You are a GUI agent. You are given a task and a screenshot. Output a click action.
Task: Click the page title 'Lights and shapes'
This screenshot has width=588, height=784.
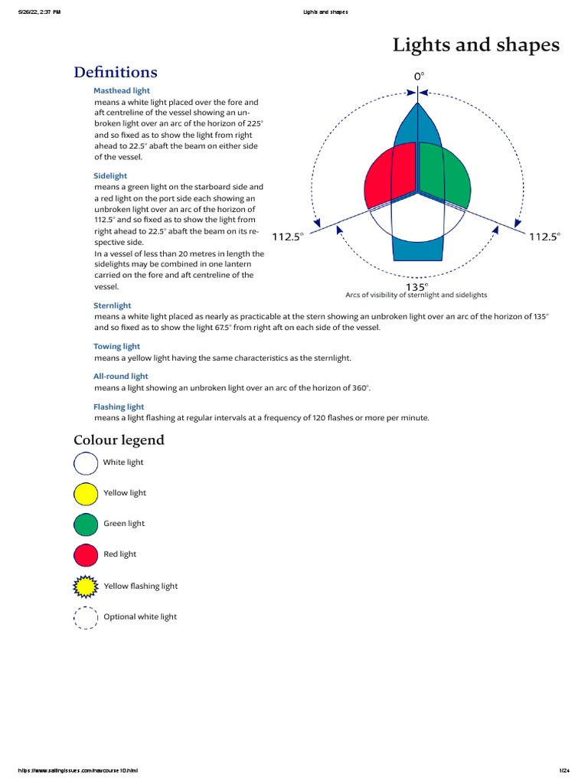[475, 45]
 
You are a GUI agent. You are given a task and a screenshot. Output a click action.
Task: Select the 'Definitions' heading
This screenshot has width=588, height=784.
[116, 72]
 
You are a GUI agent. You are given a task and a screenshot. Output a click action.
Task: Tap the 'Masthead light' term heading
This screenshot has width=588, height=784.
[122, 90]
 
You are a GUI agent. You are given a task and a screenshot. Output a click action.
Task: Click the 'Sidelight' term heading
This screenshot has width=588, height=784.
[110, 176]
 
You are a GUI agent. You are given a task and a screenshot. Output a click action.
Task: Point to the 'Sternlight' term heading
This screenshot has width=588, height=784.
[113, 305]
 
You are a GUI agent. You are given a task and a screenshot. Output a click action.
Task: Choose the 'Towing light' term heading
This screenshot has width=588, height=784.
[116, 347]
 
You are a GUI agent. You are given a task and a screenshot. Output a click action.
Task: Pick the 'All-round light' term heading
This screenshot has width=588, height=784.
[121, 377]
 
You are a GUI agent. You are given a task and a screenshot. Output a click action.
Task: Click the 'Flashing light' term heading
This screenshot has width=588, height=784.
[119, 407]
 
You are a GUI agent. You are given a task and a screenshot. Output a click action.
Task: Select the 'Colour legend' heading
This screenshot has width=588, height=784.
[119, 440]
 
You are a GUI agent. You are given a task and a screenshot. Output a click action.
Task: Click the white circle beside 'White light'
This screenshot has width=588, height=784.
[86, 463]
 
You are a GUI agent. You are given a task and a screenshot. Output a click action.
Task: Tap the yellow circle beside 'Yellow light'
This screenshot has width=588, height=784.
[86, 494]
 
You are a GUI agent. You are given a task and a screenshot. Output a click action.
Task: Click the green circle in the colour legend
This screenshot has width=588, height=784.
[86, 524]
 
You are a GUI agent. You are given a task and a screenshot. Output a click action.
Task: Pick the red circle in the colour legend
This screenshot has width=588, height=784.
[86, 555]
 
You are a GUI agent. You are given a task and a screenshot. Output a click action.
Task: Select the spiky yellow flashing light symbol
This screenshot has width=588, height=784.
[86, 586]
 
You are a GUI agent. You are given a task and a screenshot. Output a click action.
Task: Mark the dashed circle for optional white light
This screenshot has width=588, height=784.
[86, 617]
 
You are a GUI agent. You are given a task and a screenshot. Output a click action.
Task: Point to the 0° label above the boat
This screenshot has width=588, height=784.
[419, 77]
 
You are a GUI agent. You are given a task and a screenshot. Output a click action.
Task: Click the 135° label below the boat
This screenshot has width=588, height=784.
[416, 286]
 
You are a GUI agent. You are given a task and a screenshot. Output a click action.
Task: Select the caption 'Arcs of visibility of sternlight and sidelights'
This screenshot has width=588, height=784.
[416, 295]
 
